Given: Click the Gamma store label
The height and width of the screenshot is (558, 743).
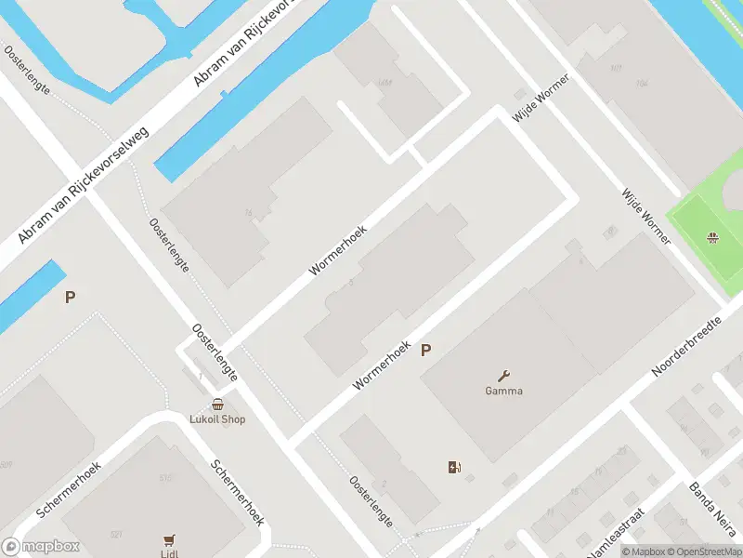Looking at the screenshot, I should [503, 392].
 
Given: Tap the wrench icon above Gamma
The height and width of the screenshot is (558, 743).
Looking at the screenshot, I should [504, 376].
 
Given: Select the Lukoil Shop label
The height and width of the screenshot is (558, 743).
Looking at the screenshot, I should [218, 419].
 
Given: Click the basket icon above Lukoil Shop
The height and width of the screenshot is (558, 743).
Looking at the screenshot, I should [217, 405].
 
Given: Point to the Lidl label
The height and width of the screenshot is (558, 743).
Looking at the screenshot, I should [169, 553].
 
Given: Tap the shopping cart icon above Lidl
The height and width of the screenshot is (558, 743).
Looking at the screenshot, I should [169, 539].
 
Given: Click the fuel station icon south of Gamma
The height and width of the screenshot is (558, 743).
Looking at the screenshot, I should [454, 467].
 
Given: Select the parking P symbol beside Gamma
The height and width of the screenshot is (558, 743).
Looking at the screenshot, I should [426, 351].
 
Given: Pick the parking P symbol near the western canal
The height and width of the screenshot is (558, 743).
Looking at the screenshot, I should [69, 298].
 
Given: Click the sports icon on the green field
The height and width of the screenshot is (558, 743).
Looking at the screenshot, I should [712, 238].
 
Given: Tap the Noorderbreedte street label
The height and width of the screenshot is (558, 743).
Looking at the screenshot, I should [686, 346].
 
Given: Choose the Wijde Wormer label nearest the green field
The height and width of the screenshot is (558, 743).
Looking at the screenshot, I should [646, 216].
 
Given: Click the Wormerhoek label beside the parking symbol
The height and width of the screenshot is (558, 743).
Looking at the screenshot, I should [382, 364].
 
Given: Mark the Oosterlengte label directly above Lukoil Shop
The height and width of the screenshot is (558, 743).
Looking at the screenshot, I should [215, 353].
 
